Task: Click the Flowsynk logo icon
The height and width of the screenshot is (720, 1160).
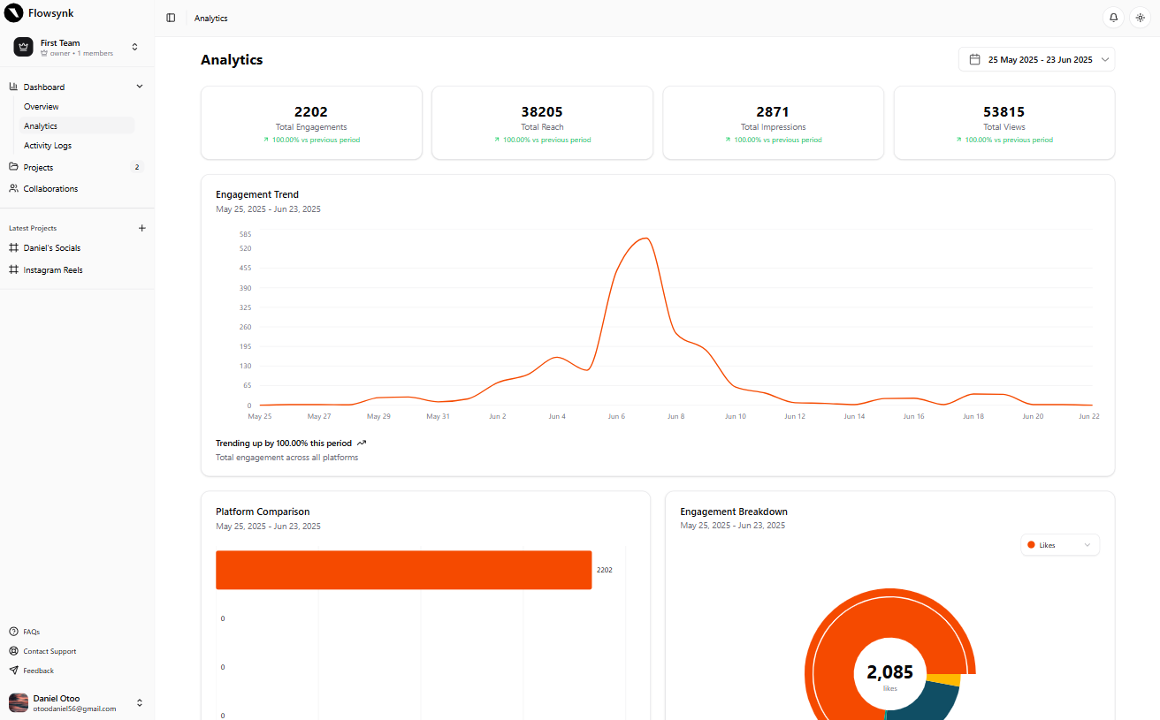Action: (x=14, y=13)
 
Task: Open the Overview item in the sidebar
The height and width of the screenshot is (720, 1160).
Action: (x=42, y=107)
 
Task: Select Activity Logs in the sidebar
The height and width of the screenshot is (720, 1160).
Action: (x=48, y=146)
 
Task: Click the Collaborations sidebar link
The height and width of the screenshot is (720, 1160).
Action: (x=50, y=189)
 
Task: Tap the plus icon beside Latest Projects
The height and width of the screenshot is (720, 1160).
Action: (x=142, y=228)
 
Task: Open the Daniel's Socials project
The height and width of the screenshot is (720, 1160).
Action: (x=52, y=248)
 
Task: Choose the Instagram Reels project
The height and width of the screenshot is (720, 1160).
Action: (x=53, y=270)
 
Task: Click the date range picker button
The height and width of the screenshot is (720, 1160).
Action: (x=1036, y=59)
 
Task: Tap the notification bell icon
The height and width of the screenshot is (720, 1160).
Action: (x=1113, y=18)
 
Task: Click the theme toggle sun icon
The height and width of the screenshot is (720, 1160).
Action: (x=1140, y=18)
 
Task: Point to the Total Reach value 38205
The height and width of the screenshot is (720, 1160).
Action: (x=542, y=112)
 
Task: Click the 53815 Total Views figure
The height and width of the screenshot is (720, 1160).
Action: (x=1004, y=112)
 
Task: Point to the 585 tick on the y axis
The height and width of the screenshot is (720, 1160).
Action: (x=245, y=234)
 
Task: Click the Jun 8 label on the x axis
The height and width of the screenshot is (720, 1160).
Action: (x=675, y=416)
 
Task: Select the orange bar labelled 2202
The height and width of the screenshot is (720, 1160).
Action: (x=403, y=570)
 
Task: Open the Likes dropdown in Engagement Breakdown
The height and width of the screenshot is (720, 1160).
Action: (x=1059, y=545)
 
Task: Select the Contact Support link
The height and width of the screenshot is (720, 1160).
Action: (x=50, y=651)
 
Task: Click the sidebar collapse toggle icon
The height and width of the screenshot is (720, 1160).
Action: (x=171, y=18)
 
